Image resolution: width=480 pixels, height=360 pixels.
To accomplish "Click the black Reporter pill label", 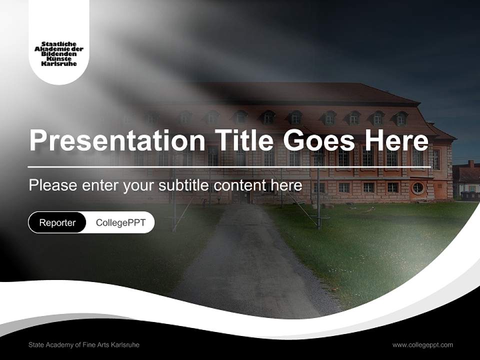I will click(x=57, y=222).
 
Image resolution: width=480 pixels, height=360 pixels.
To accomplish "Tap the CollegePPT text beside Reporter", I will click(x=120, y=222).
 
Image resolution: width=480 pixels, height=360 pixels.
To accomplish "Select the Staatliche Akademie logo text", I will click(x=59, y=54).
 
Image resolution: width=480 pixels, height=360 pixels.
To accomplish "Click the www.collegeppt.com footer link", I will click(x=422, y=345).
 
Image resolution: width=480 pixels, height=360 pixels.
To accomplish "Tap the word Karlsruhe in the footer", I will click(x=125, y=345).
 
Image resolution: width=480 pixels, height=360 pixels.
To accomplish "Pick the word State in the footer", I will click(x=36, y=345).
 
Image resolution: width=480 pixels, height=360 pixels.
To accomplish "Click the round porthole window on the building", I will click(x=417, y=188).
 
